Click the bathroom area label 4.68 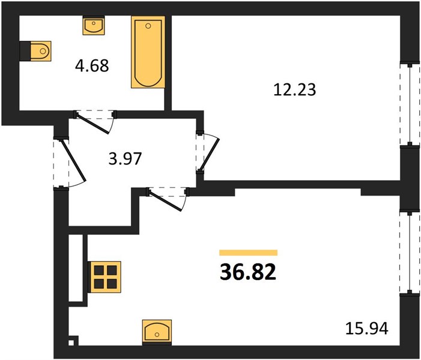click(x=92, y=66)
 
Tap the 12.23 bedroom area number click(x=294, y=89)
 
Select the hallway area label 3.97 click(x=125, y=158)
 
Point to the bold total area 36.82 click(x=248, y=272)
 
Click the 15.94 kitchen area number click(x=366, y=328)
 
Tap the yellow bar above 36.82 click(x=249, y=253)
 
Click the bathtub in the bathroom click(x=148, y=52)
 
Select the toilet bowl click(x=41, y=51)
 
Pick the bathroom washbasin click(x=94, y=25)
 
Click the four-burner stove click(x=105, y=277)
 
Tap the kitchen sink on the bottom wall click(x=157, y=332)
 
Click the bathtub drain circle click(x=148, y=26)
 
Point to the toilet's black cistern click(x=25, y=51)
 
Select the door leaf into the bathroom click(x=93, y=124)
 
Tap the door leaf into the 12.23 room click(x=210, y=154)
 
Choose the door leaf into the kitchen click(x=165, y=201)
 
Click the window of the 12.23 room click(x=410, y=104)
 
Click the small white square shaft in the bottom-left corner click(x=71, y=343)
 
